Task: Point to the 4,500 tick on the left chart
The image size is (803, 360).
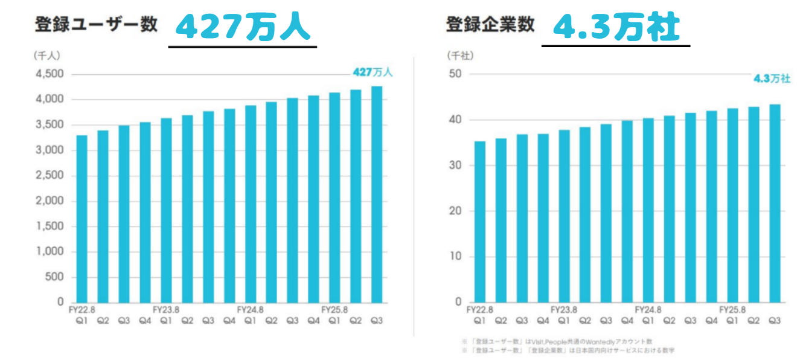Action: coord(51,74)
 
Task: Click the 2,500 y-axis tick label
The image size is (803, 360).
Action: coord(51,175)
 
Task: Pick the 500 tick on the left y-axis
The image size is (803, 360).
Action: coord(55,277)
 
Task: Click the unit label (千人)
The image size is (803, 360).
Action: coord(46,55)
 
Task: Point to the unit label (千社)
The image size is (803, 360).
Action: coord(460,55)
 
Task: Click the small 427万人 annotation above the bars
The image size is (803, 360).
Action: coord(373,72)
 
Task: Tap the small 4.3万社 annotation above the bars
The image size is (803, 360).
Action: coord(772,79)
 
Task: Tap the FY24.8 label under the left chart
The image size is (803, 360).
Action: coord(250,309)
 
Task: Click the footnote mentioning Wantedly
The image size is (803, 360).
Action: coord(558,341)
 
